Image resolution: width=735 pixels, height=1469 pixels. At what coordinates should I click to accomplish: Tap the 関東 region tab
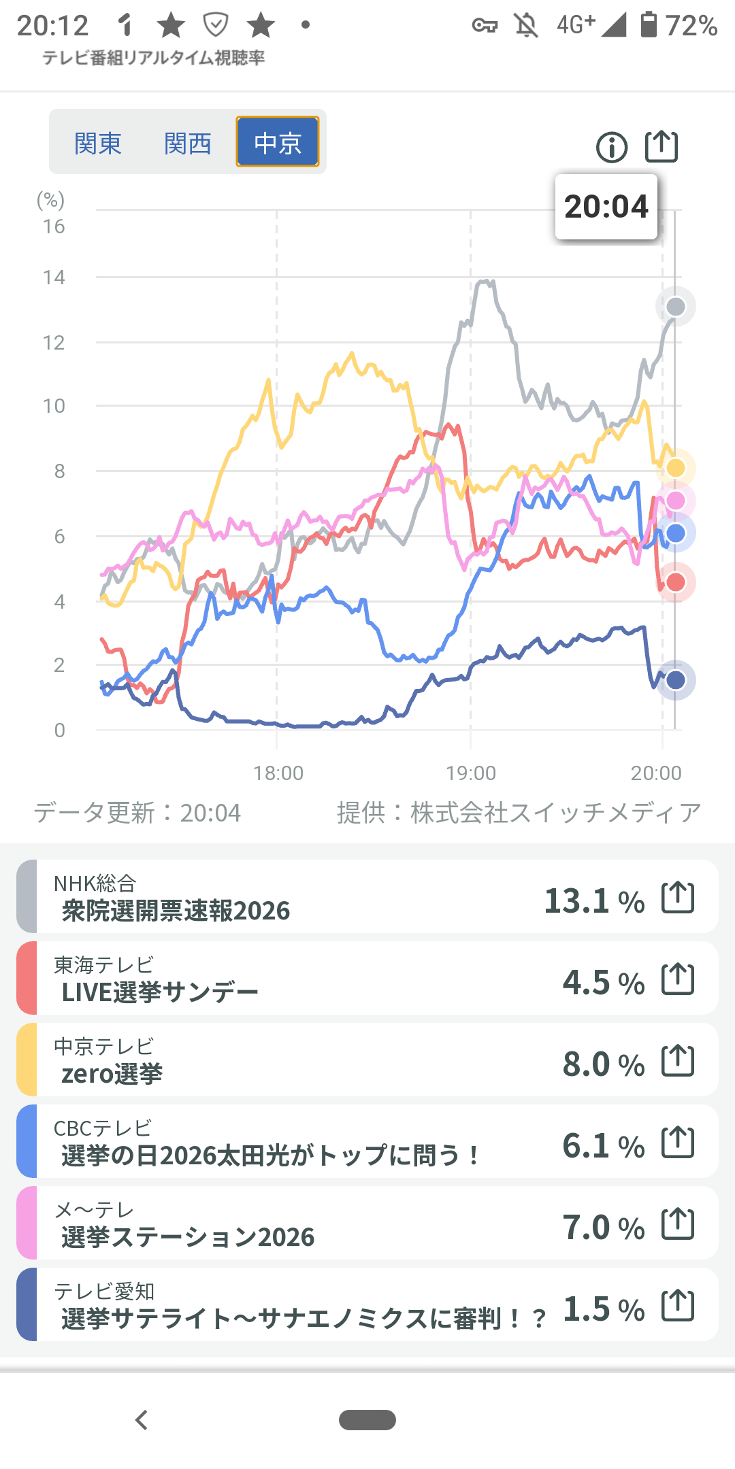click(x=98, y=143)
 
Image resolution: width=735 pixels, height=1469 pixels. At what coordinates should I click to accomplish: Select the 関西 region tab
click(x=187, y=143)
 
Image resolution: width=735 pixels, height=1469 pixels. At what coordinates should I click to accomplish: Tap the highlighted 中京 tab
click(x=277, y=142)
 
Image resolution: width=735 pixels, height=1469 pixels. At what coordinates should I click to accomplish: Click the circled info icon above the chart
click(x=611, y=147)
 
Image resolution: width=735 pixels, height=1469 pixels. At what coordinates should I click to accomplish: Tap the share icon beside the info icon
click(x=661, y=146)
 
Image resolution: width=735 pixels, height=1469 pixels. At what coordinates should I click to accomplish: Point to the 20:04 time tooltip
click(x=606, y=207)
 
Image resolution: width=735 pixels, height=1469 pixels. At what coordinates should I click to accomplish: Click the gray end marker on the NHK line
click(x=675, y=307)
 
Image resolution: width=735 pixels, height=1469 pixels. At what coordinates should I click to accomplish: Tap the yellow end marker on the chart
click(x=675, y=468)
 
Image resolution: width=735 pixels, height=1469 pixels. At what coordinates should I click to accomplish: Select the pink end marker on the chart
click(x=675, y=501)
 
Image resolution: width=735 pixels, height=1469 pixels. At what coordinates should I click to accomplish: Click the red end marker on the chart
click(x=675, y=582)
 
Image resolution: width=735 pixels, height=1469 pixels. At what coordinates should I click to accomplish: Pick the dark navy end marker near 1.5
click(x=675, y=679)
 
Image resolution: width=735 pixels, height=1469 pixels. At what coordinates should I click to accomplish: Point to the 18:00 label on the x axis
click(x=278, y=773)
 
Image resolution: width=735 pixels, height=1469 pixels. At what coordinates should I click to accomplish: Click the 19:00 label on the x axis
click(x=471, y=773)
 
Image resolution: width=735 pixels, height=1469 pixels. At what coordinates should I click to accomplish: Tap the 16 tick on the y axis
click(x=54, y=227)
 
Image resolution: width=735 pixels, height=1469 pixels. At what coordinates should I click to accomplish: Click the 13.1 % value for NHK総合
click(x=593, y=901)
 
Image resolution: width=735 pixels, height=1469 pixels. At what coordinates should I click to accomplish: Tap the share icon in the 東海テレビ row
click(x=678, y=979)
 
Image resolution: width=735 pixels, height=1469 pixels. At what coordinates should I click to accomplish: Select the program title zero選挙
click(x=112, y=1074)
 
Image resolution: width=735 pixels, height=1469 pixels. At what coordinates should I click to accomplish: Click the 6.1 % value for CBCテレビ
click(x=603, y=1146)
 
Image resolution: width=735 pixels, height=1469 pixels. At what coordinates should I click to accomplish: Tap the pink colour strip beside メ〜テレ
click(x=27, y=1223)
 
